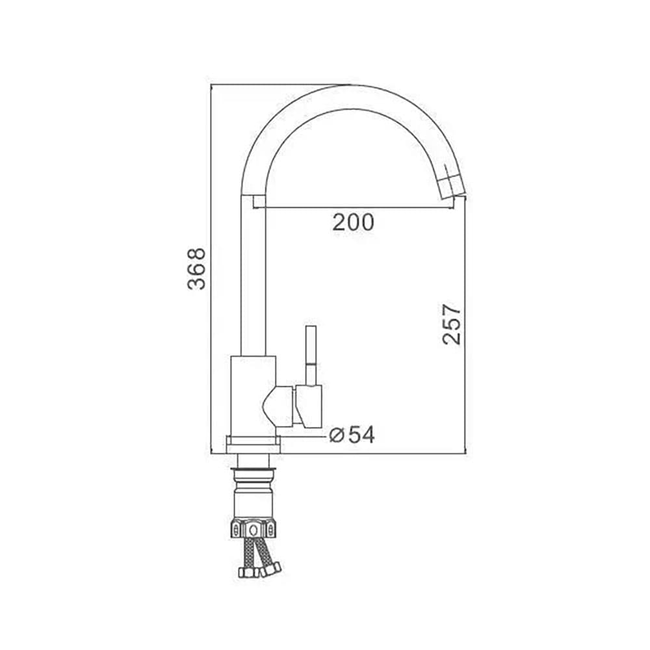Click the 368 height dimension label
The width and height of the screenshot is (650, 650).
[x=196, y=268]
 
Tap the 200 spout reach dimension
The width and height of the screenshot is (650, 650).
[x=353, y=222]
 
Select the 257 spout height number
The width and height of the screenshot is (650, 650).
[x=452, y=324]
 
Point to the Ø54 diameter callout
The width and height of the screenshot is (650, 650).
[x=352, y=435]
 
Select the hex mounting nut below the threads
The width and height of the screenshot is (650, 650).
[x=253, y=528]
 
